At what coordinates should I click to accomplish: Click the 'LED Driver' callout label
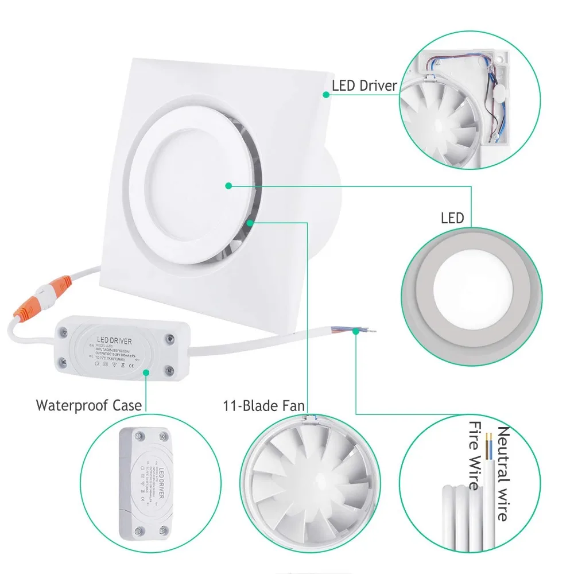[364, 86]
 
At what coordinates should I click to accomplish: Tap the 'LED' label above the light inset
[452, 218]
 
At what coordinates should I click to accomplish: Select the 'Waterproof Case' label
[88, 405]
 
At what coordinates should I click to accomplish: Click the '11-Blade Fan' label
[263, 406]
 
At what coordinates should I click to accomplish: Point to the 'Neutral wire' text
[503, 474]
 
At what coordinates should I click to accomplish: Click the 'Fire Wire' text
[474, 456]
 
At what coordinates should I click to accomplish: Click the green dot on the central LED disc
[228, 185]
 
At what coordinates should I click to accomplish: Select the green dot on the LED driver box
[147, 372]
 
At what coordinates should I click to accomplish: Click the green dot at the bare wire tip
[356, 331]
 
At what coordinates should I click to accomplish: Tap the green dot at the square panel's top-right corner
[326, 95]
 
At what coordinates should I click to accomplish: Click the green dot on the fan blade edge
[249, 222]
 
